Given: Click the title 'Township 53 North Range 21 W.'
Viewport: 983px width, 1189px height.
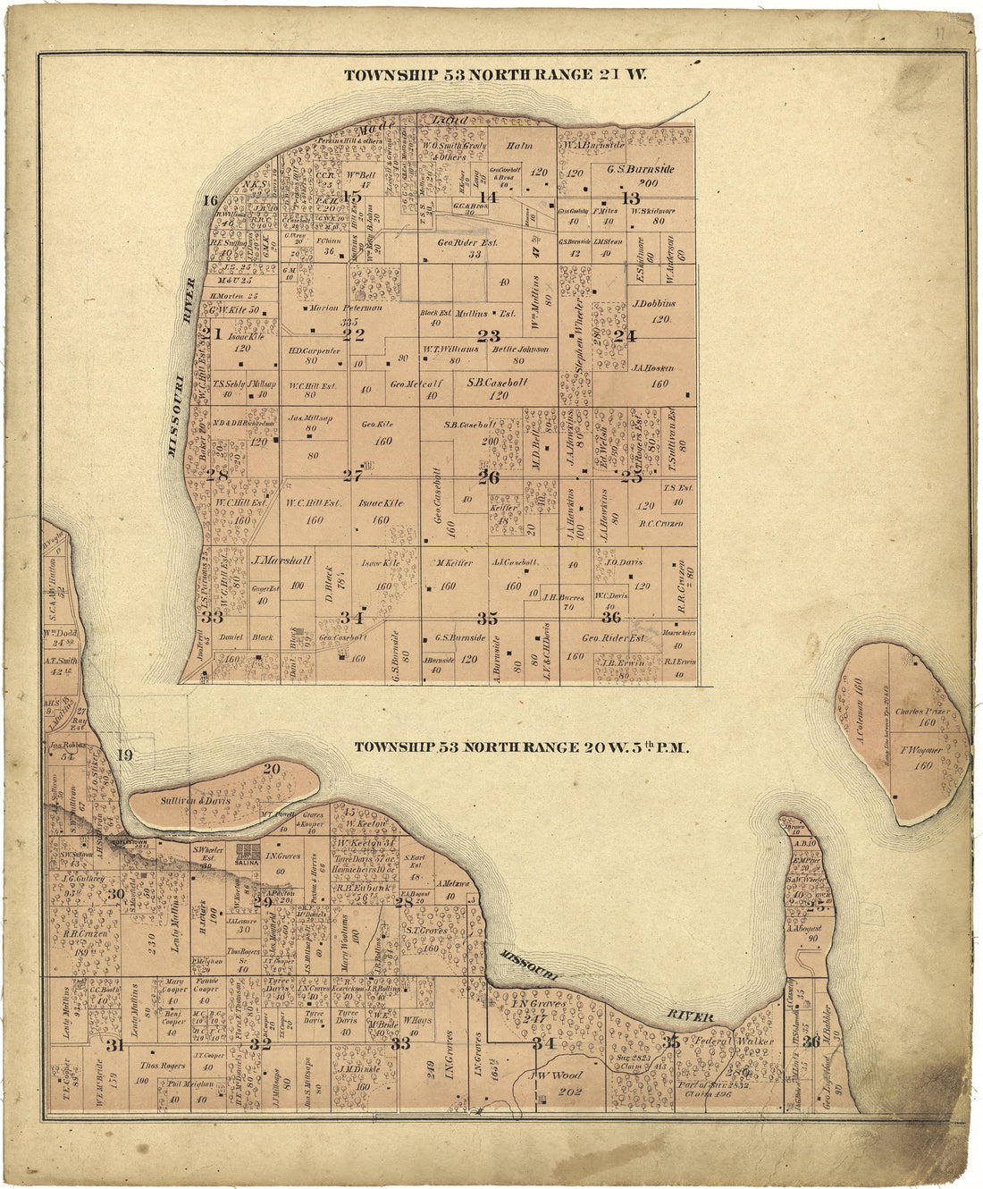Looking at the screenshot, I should coord(496,74).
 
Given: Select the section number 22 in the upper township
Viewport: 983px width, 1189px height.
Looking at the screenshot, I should coord(354,334).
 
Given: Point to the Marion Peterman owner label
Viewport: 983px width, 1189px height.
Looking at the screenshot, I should coord(345,308).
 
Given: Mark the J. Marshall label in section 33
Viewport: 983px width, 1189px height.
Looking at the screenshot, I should coord(281,561).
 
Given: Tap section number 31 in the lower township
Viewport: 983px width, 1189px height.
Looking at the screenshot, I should coord(113,1046).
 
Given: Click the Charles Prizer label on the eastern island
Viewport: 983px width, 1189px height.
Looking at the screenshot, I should coord(920,713).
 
